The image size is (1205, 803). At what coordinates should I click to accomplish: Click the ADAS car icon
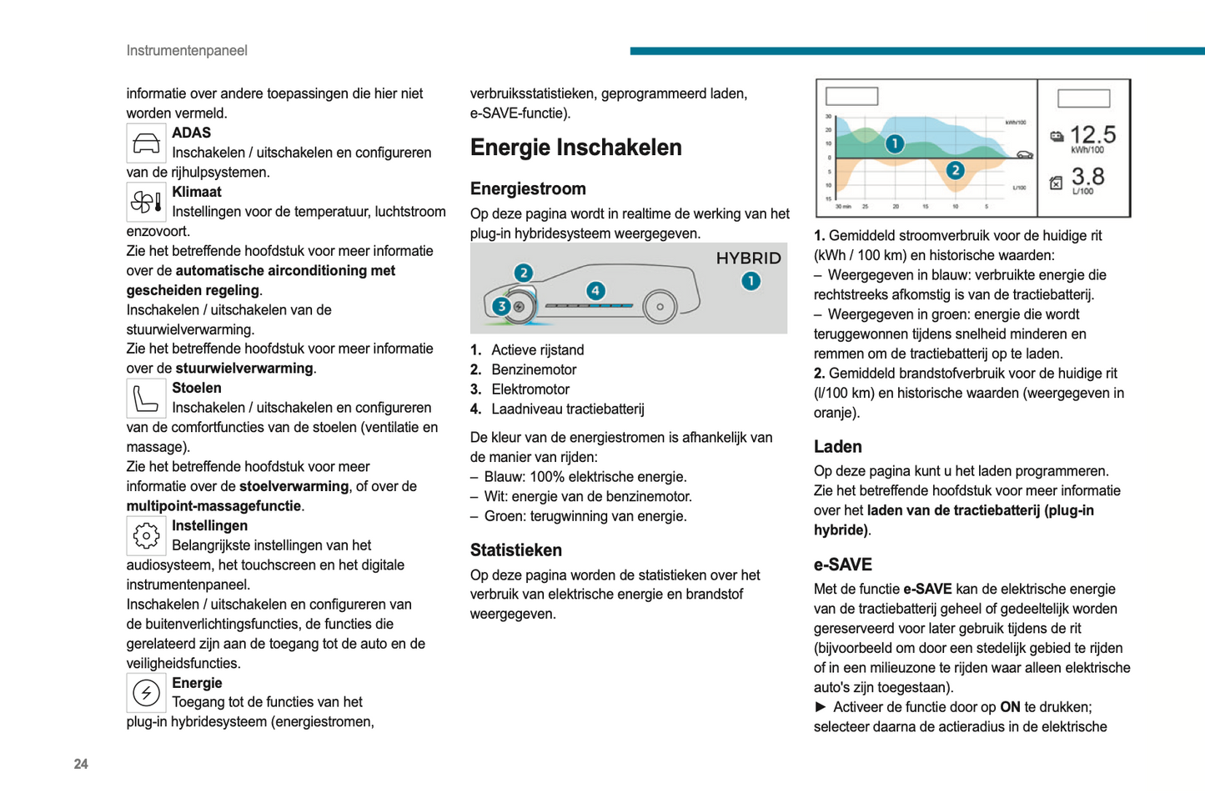pos(146,143)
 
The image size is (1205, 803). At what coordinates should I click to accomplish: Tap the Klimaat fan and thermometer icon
pos(146,203)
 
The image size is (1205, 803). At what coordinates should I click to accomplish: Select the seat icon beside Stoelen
pos(146,399)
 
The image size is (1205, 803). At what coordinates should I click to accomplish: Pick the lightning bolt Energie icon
pos(146,693)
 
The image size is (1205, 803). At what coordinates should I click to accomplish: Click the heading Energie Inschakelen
pos(575,148)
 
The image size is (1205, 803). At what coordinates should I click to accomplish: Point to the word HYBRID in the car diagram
pos(748,258)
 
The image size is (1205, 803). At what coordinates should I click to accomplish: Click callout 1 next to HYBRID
pos(751,281)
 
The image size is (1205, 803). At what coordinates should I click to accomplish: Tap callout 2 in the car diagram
pos(523,273)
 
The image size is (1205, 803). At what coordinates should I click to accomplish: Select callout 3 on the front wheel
pos(501,306)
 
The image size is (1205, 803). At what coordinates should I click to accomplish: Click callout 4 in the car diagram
pos(595,290)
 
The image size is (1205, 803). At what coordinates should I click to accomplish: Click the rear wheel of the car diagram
pos(660,307)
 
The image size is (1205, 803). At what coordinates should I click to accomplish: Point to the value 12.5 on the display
pos(1092,134)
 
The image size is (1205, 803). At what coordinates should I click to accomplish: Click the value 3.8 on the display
pos(1087,177)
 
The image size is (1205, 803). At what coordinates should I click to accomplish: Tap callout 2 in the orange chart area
pos(955,171)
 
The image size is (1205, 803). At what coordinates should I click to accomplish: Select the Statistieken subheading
pos(515,550)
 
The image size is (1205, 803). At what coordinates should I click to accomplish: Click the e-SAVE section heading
pos(842,565)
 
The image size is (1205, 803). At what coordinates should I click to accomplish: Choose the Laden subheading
pos(837,447)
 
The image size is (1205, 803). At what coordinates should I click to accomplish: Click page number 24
pos(81,764)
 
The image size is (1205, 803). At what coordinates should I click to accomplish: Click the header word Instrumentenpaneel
pos(187,51)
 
